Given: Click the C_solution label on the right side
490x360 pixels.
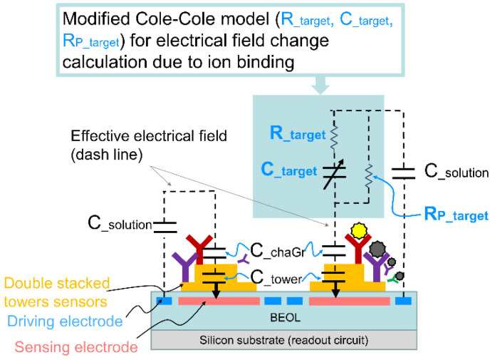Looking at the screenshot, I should pyautogui.click(x=456, y=172).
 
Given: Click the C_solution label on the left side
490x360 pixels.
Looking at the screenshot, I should pyautogui.click(x=122, y=225).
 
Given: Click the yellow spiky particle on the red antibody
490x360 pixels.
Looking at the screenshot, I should pyautogui.click(x=358, y=235).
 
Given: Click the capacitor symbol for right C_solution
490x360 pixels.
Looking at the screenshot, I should pyautogui.click(x=404, y=171).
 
